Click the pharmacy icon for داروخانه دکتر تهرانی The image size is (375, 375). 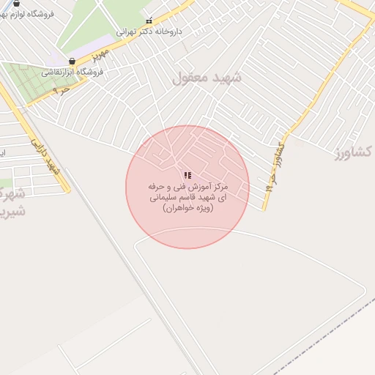pos(149,20)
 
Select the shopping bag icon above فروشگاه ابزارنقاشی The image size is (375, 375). pos(72,62)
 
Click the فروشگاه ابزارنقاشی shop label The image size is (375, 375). pos(72,73)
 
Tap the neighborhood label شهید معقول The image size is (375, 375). pos(203,78)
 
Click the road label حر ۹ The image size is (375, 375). pos(62,91)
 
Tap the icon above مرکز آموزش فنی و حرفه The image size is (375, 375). pos(187,176)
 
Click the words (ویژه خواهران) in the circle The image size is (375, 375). pos(187,209)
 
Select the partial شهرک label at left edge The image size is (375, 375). pos(9,193)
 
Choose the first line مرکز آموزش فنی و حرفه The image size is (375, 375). pos(187,187)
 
